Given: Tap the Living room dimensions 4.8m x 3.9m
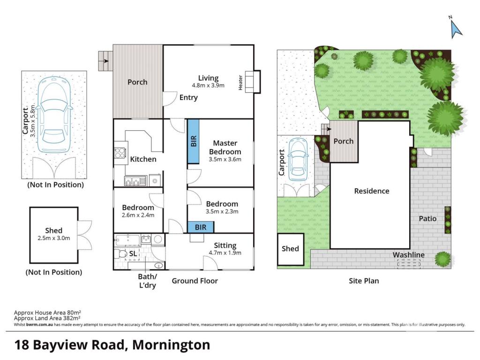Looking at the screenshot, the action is point(208,85).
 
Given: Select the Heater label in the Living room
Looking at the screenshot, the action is point(240,82).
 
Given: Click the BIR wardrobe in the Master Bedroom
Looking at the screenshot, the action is point(193,141).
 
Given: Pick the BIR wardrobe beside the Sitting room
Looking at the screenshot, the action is point(201,227).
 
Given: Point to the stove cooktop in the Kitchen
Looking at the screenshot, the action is point(120,152).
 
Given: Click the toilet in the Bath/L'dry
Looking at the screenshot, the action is point(120,254).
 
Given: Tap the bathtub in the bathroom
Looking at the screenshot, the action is point(127,240).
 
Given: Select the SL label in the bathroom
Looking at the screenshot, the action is point(133,254).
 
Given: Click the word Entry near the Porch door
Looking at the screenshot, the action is point(188,97).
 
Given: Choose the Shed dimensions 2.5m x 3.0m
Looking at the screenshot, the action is point(53,238).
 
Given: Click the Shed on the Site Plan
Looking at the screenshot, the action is point(291,249).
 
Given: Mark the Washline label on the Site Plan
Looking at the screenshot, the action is point(409,255).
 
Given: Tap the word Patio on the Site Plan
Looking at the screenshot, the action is point(427,218).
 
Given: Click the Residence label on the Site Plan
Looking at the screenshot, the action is point(372,191).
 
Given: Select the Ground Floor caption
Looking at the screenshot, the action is point(195,281).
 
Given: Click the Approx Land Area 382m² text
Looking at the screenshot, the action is point(47,318).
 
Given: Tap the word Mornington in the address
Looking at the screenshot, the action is point(171,345).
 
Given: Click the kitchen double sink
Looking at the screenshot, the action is point(135,180).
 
